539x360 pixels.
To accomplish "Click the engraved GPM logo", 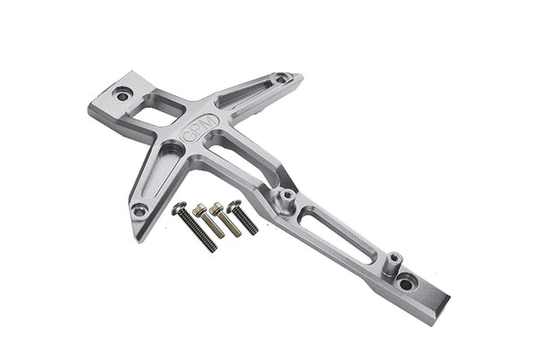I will (x=199, y=127).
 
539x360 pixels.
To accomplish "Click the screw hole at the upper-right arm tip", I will (x=282, y=78).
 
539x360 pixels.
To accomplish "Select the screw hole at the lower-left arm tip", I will (x=139, y=210).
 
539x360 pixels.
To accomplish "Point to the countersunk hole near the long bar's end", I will (x=407, y=283).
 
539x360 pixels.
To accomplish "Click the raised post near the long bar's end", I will (x=392, y=263).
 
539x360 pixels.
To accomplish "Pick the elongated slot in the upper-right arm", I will (x=244, y=92).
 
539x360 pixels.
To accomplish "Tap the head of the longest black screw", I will (x=180, y=209).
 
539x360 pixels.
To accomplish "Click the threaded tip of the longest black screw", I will (x=212, y=247).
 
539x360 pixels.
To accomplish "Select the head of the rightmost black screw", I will (x=234, y=206).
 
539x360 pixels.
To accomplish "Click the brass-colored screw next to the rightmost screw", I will (x=224, y=217).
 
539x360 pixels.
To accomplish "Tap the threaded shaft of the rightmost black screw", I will (x=247, y=223).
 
